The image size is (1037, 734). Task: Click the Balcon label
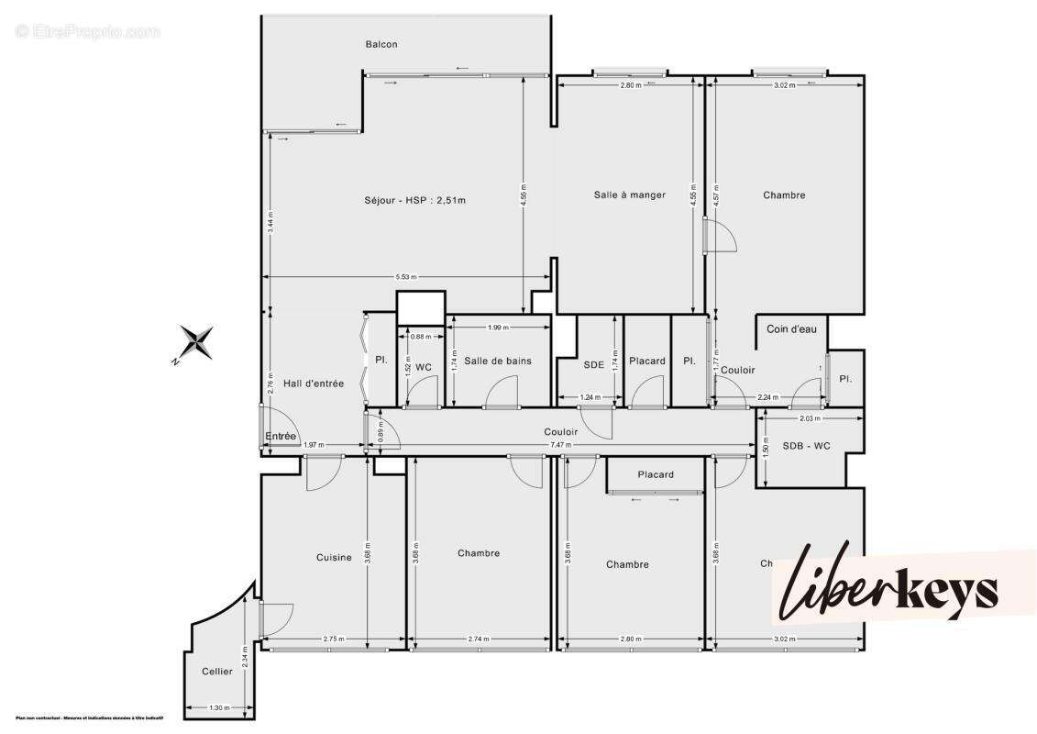click(x=381, y=45)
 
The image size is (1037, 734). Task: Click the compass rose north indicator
click(x=195, y=343)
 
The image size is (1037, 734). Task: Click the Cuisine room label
click(x=334, y=557)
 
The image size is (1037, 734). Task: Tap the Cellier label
click(x=217, y=672)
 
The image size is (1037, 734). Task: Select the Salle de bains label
click(x=497, y=361)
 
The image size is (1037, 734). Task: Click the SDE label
click(x=594, y=364)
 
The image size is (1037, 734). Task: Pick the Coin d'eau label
click(x=791, y=328)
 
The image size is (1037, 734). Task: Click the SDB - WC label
click(x=806, y=446)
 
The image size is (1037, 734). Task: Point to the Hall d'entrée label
click(x=314, y=384)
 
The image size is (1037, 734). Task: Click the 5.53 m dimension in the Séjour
click(x=405, y=277)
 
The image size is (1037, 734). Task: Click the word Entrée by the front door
click(x=281, y=436)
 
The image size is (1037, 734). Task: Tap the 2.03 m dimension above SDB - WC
click(x=809, y=418)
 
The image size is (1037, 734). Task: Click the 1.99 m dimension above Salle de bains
click(x=499, y=328)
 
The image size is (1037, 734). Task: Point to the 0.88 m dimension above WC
click(x=417, y=337)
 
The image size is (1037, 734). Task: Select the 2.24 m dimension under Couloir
click(x=767, y=397)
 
